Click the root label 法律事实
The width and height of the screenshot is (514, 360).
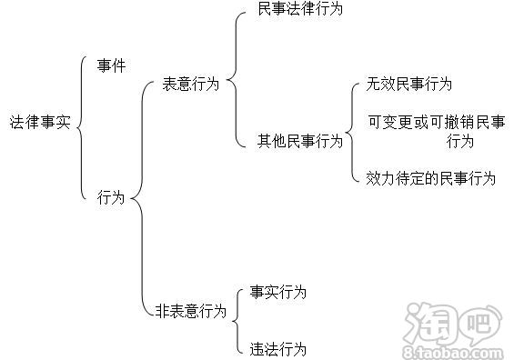[39, 121]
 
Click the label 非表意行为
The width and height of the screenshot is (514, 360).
[190, 311]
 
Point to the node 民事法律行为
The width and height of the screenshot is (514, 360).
[292, 10]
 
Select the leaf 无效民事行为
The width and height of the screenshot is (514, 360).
[409, 85]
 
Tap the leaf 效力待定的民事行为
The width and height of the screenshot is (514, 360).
[430, 178]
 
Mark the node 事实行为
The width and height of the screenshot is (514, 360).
[278, 293]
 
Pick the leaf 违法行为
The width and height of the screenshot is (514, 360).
[278, 348]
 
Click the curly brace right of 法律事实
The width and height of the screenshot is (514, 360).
[84, 121]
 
